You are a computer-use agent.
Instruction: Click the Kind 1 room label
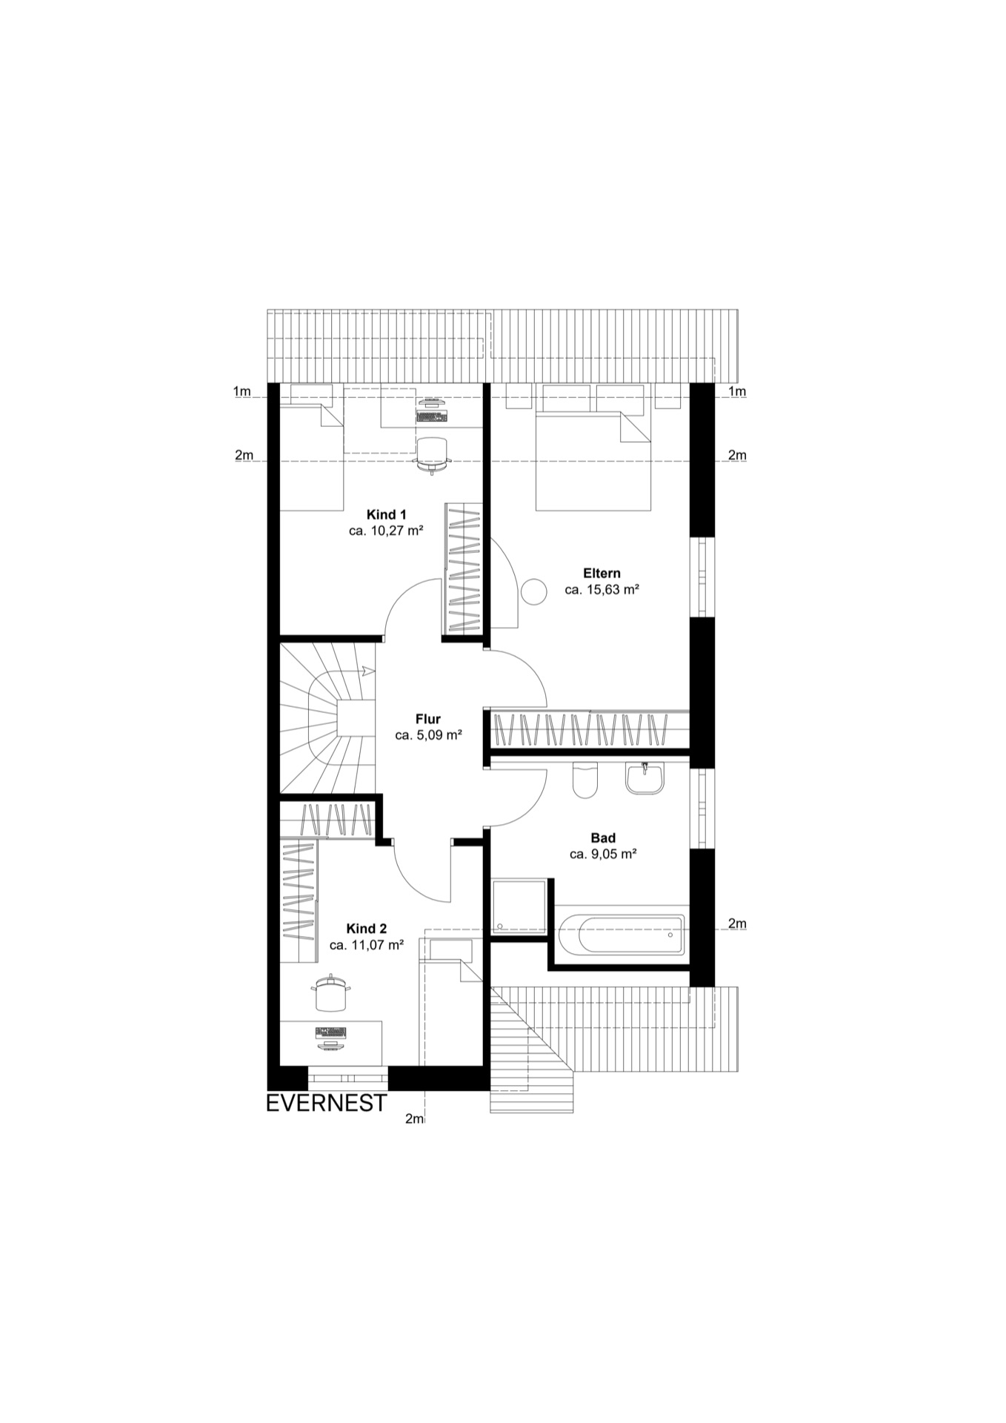(386, 514)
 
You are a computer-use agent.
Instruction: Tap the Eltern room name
(602, 573)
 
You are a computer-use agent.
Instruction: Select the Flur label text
(428, 719)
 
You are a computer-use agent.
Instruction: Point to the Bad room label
(603, 837)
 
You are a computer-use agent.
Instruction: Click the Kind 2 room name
(367, 929)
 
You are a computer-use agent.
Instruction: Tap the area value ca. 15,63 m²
(602, 590)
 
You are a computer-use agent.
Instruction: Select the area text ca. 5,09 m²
(428, 736)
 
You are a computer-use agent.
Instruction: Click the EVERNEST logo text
(327, 1104)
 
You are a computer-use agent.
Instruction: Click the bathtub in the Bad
(622, 935)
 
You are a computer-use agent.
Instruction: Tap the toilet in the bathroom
(584, 780)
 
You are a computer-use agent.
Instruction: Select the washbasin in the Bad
(644, 778)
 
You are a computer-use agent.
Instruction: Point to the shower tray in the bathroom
(519, 906)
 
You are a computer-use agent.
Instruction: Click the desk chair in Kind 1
(433, 454)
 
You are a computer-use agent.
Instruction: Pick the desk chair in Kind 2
(331, 992)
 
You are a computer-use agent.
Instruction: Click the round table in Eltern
(533, 591)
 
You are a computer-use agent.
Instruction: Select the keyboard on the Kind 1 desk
(432, 417)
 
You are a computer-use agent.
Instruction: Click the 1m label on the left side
(241, 391)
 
